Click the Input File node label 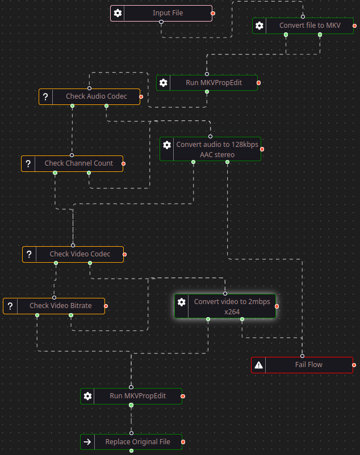coord(168,13)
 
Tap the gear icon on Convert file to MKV coord(259,26)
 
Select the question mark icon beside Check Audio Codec coord(45,96)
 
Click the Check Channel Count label coord(79,163)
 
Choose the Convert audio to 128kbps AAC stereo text coord(217,149)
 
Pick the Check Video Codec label coord(80,254)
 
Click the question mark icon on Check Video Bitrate coord(10,306)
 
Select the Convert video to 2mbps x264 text coord(232,306)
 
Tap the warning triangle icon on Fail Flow coord(258,365)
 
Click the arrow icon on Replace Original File coord(87,442)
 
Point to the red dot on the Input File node coord(213,13)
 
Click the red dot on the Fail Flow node coord(354,365)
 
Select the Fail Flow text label coord(308,365)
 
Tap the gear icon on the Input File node coord(118,13)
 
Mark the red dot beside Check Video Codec coord(125,254)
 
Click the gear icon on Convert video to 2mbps coord(182,302)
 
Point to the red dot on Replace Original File coord(183,442)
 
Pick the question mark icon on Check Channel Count coord(28,164)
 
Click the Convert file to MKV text coord(309,26)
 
